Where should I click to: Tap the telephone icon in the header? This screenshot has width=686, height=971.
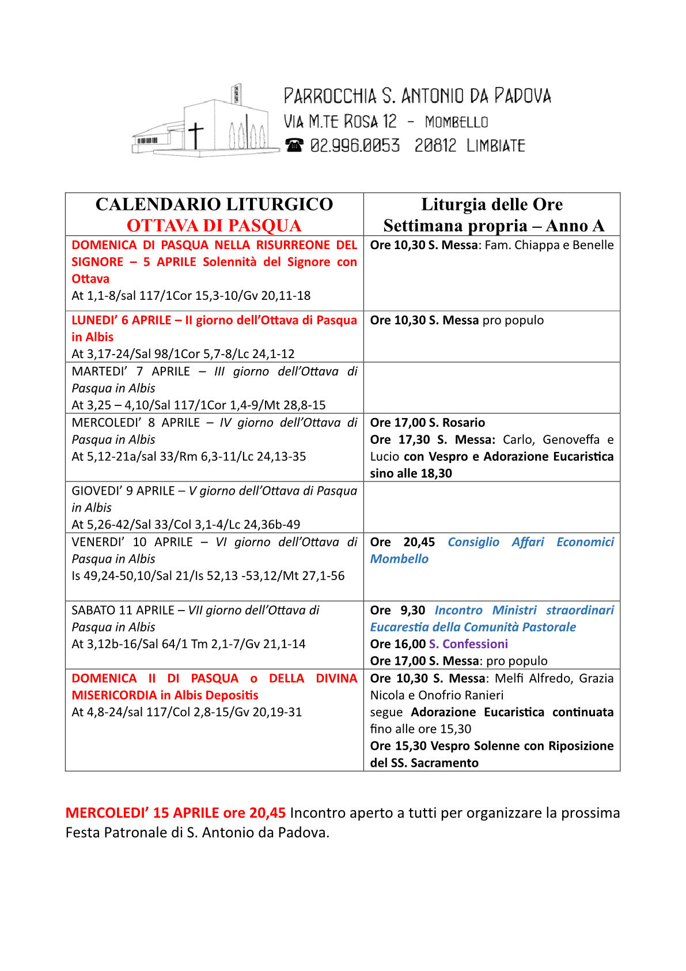[294, 145]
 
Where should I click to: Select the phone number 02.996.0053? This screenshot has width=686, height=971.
[355, 145]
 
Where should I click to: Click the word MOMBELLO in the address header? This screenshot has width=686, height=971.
[456, 122]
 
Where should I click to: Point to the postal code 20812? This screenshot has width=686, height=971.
[435, 145]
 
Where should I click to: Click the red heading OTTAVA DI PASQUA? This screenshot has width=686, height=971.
[214, 225]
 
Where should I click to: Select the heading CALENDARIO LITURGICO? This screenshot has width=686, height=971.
[214, 204]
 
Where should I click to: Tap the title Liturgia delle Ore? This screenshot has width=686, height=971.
[492, 204]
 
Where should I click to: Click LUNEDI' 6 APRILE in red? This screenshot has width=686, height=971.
[121, 320]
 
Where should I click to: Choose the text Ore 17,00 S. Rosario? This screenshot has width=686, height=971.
[427, 423]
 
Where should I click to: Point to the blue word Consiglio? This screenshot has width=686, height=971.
[473, 542]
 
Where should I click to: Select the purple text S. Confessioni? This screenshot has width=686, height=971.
[468, 644]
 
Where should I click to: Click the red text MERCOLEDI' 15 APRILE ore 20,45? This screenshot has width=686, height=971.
[176, 813]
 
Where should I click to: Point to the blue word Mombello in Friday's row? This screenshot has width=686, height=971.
[399, 559]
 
